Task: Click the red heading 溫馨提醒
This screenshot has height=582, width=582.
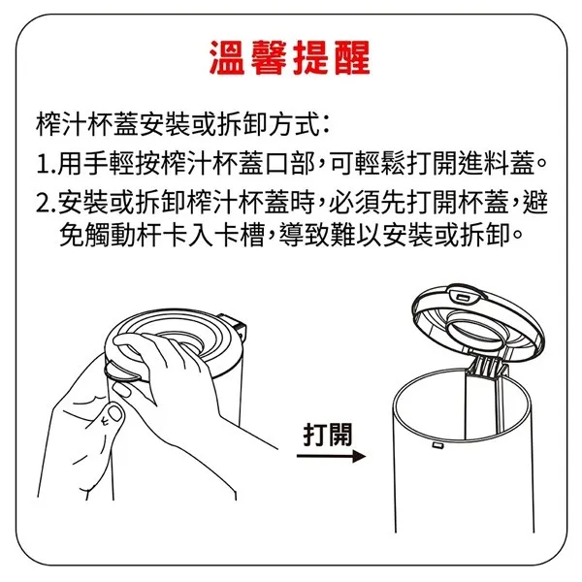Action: (x=290, y=57)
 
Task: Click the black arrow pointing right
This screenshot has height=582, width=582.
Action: (x=331, y=456)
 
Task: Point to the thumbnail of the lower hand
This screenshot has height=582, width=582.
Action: (x=114, y=413)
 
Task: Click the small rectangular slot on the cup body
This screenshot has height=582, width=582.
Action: (x=436, y=445)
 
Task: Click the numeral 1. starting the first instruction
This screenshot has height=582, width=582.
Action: (x=46, y=165)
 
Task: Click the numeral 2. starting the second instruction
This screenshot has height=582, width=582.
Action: (x=47, y=204)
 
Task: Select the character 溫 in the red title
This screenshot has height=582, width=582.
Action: (x=227, y=57)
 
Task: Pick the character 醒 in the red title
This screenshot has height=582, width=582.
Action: (x=352, y=57)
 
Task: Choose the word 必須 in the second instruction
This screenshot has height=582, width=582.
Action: (x=354, y=203)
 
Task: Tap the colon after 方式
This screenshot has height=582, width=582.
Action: (x=326, y=126)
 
